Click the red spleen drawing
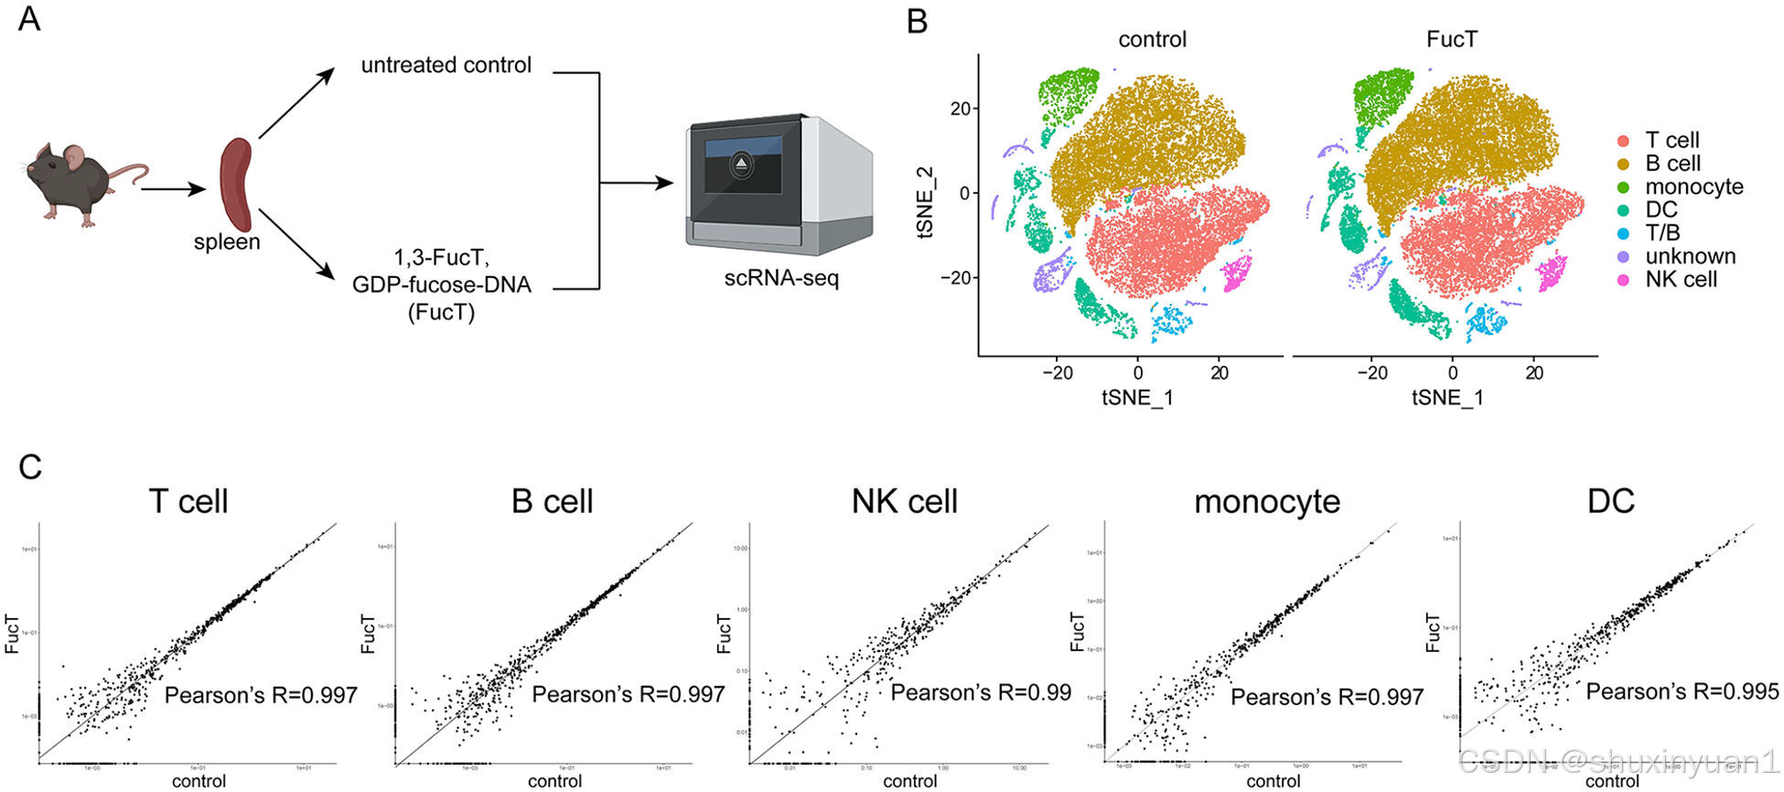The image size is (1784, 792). (x=236, y=184)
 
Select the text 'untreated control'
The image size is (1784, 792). (x=446, y=65)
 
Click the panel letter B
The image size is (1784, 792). (x=917, y=21)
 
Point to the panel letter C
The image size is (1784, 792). (x=29, y=466)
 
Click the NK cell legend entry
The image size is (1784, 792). (x=1680, y=280)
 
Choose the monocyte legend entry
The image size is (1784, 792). (x=1693, y=187)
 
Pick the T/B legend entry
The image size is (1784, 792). (x=1661, y=233)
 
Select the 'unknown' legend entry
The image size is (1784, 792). (x=1689, y=256)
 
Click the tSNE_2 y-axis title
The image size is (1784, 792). (x=926, y=202)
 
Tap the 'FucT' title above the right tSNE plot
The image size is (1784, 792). (x=1451, y=39)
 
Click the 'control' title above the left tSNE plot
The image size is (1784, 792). (x=1152, y=39)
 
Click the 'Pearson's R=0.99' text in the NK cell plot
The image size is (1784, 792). (x=980, y=692)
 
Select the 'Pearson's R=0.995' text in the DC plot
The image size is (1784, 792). (x=1682, y=691)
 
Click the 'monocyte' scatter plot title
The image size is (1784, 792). (x=1266, y=501)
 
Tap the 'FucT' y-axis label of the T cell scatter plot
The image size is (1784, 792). (x=13, y=633)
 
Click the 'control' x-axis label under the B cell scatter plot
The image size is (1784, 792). (x=554, y=781)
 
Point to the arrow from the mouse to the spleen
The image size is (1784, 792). (x=173, y=189)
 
